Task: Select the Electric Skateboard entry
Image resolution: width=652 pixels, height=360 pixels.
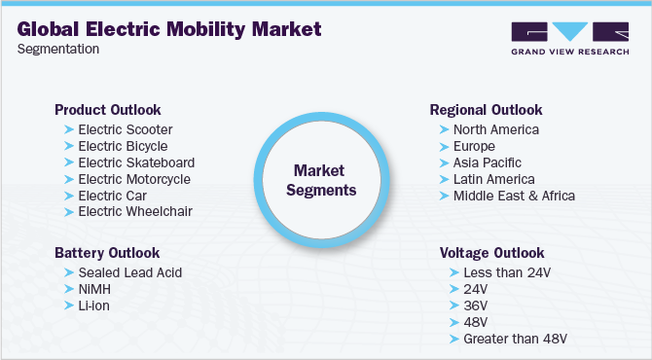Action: coord(135,162)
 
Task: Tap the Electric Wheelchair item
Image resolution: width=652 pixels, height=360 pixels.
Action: coord(134,211)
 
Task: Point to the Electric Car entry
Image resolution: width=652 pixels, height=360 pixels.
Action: coord(114,196)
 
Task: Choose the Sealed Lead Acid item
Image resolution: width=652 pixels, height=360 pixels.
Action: coord(129,272)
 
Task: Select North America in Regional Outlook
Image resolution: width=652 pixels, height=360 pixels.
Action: coord(495,129)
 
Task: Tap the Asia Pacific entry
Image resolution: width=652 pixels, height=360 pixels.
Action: coord(487,162)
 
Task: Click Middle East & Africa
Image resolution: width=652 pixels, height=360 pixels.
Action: coord(514,196)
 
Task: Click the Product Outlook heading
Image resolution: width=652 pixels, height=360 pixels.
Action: coord(107,110)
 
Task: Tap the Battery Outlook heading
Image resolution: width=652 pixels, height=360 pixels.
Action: coord(107,253)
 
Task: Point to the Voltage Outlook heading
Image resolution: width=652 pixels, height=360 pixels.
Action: coord(490,253)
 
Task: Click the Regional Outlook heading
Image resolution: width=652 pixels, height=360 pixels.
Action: coord(486,110)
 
